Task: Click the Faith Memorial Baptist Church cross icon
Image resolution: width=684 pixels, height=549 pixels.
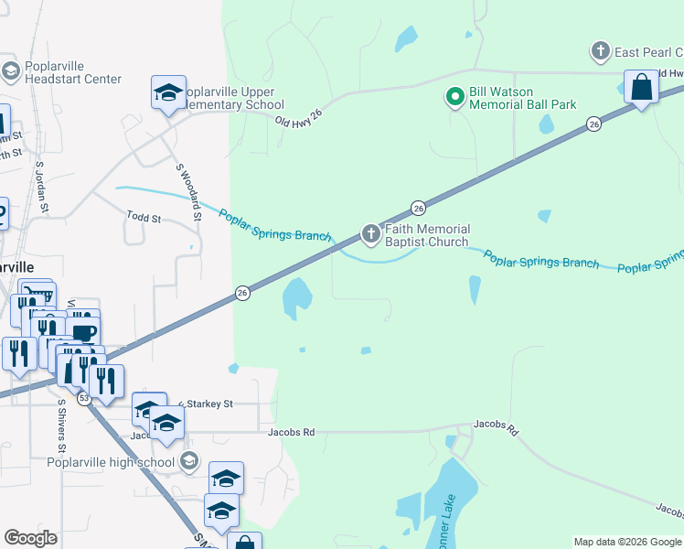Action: pyautogui.click(x=371, y=235)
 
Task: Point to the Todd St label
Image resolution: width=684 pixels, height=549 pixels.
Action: pyautogui.click(x=144, y=219)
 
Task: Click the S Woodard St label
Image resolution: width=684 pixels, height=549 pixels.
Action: pyautogui.click(x=189, y=191)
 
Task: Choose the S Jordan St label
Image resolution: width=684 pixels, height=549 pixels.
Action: pyautogui.click(x=41, y=187)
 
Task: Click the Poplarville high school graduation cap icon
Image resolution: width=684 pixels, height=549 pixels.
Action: pyautogui.click(x=189, y=460)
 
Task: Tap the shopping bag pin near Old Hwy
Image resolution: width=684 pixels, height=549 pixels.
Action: pyautogui.click(x=641, y=88)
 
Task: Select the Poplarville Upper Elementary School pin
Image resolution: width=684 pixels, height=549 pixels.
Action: pyautogui.click(x=168, y=92)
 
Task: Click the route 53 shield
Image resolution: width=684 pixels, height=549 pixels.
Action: pyautogui.click(x=83, y=398)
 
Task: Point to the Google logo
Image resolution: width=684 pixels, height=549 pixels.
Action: pyautogui.click(x=30, y=538)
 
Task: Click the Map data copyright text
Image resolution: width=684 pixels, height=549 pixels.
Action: pyautogui.click(x=627, y=542)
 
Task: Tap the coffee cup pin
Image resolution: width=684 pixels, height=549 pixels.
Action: pyautogui.click(x=83, y=332)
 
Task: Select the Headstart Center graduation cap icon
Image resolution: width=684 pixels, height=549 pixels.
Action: pyautogui.click(x=11, y=70)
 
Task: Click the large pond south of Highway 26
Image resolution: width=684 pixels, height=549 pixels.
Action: pyautogui.click(x=297, y=297)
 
